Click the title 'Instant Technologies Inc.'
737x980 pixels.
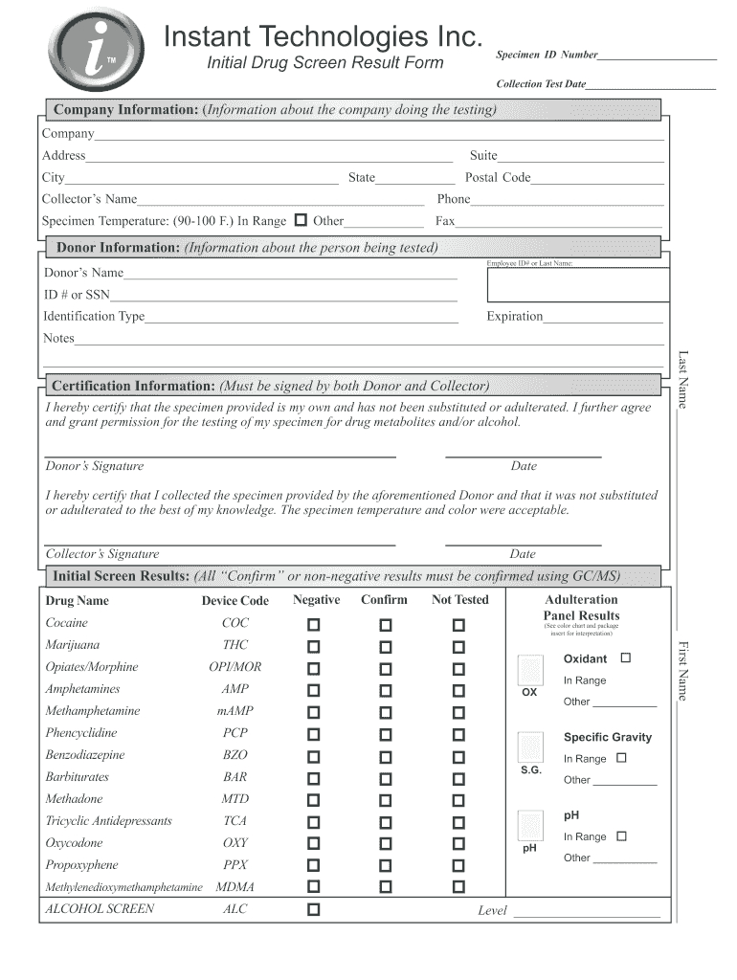pyautogui.click(x=323, y=37)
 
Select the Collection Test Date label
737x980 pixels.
pyautogui.click(x=541, y=84)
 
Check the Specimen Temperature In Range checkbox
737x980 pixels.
pyautogui.click(x=301, y=220)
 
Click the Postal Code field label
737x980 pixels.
pyautogui.click(x=497, y=177)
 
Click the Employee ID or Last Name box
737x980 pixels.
pyautogui.click(x=577, y=283)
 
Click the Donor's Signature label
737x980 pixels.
pyautogui.click(x=95, y=466)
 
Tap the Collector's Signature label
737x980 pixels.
pyautogui.click(x=102, y=554)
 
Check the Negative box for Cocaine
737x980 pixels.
pyautogui.click(x=314, y=625)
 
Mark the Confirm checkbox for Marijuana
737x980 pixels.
pyautogui.click(x=385, y=647)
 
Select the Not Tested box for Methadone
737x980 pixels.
pyautogui.click(x=459, y=801)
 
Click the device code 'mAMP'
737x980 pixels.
pyautogui.click(x=234, y=711)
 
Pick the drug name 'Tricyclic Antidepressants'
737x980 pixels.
pyautogui.click(x=109, y=821)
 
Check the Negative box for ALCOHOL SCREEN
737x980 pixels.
pyautogui.click(x=314, y=909)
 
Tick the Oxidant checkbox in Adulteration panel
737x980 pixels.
pyautogui.click(x=626, y=658)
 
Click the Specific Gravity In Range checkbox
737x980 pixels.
pyautogui.click(x=621, y=758)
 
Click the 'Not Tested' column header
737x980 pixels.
pyautogui.click(x=459, y=600)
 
